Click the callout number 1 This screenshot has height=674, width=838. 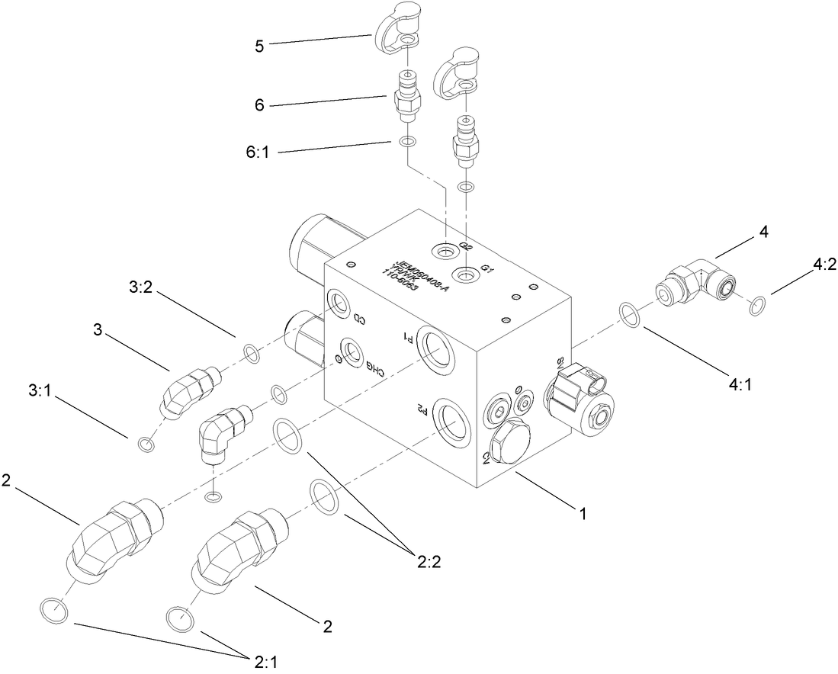point(583,514)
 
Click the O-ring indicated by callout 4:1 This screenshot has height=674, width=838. point(628,313)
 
